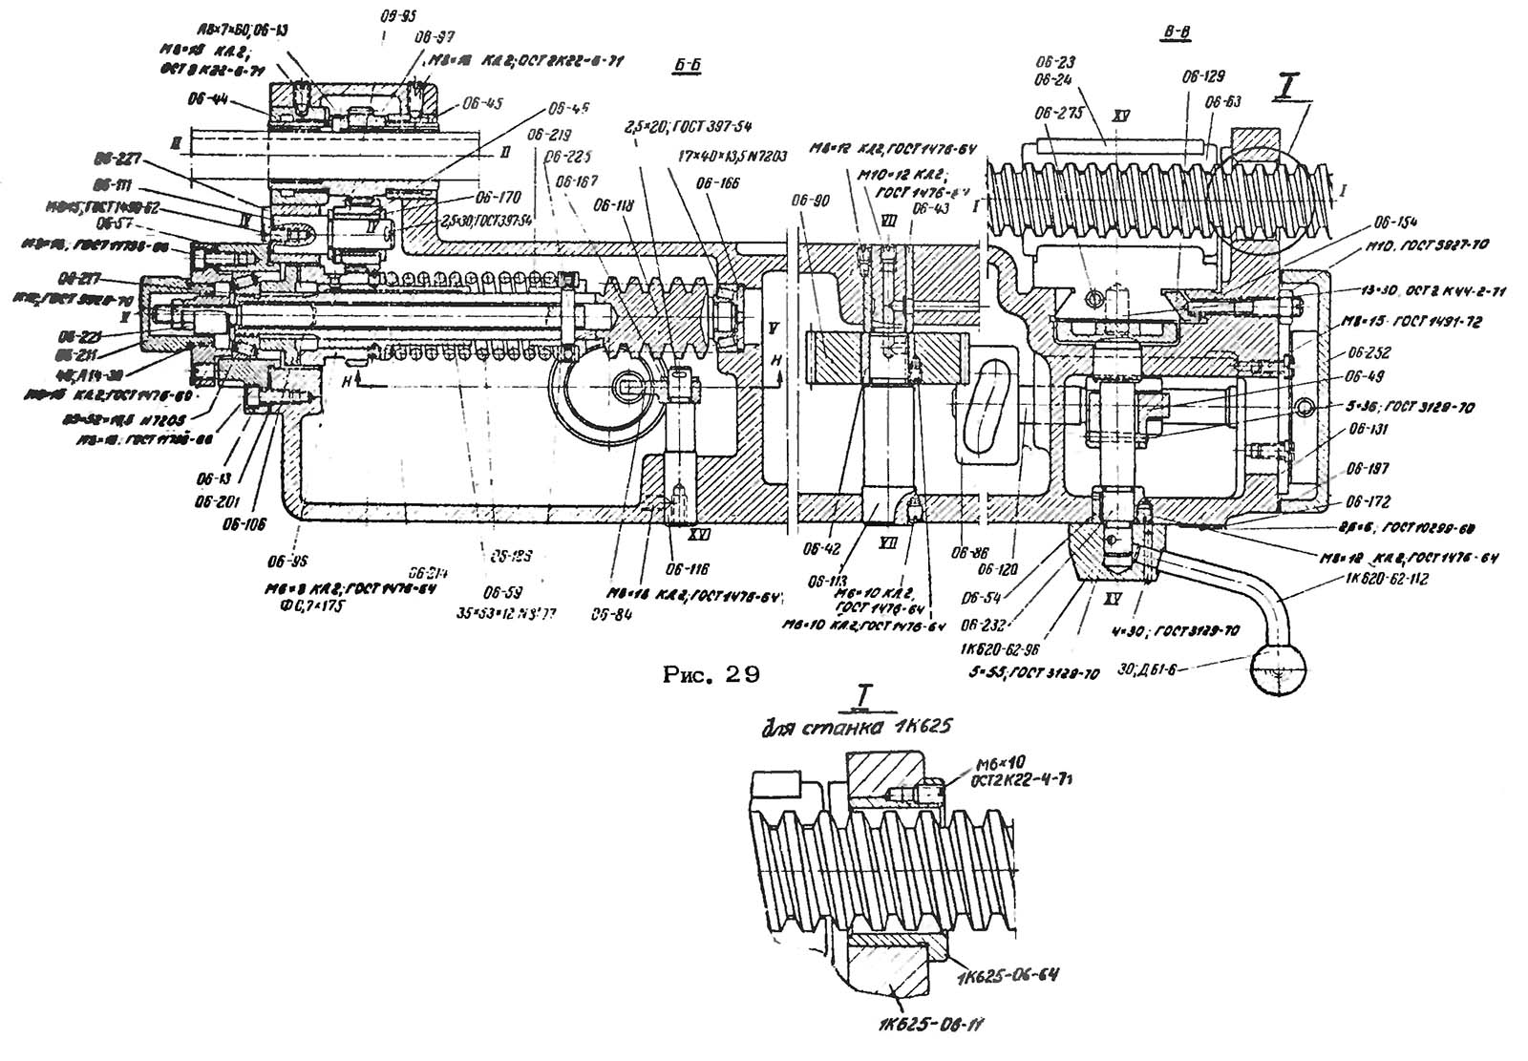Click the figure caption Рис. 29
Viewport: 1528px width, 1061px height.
point(711,675)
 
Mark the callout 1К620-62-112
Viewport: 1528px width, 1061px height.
point(1386,579)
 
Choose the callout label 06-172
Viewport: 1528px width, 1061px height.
point(1367,501)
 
